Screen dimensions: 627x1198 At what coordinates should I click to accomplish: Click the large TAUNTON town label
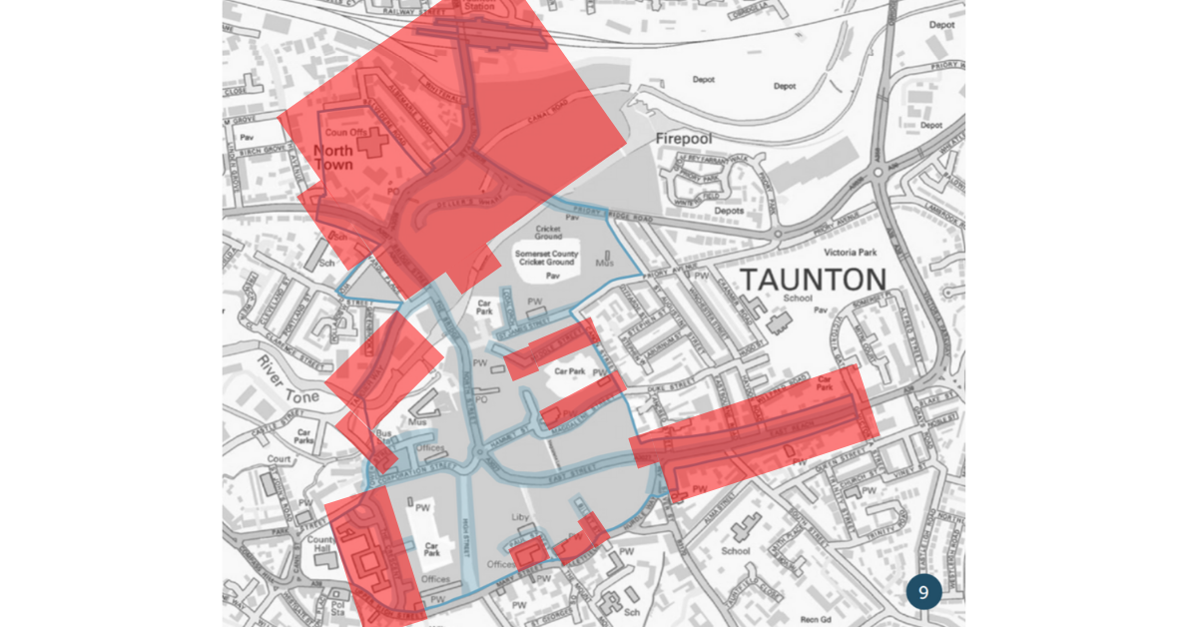point(813,280)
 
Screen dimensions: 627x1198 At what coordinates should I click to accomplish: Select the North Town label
point(333,157)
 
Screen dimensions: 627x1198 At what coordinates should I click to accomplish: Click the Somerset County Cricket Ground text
point(547,258)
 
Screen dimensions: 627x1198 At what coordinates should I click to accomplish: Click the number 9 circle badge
point(923,592)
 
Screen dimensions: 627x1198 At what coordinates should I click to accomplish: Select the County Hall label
point(320,544)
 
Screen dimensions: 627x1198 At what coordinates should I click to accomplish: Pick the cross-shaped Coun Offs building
point(372,142)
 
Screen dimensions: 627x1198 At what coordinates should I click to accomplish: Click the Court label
point(280,460)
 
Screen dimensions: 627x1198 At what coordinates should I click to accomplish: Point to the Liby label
point(520,517)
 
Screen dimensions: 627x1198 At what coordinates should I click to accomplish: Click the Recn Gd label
point(816,620)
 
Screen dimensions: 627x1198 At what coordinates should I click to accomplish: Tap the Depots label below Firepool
point(729,211)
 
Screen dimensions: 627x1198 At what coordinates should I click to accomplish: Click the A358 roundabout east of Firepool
point(879,172)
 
